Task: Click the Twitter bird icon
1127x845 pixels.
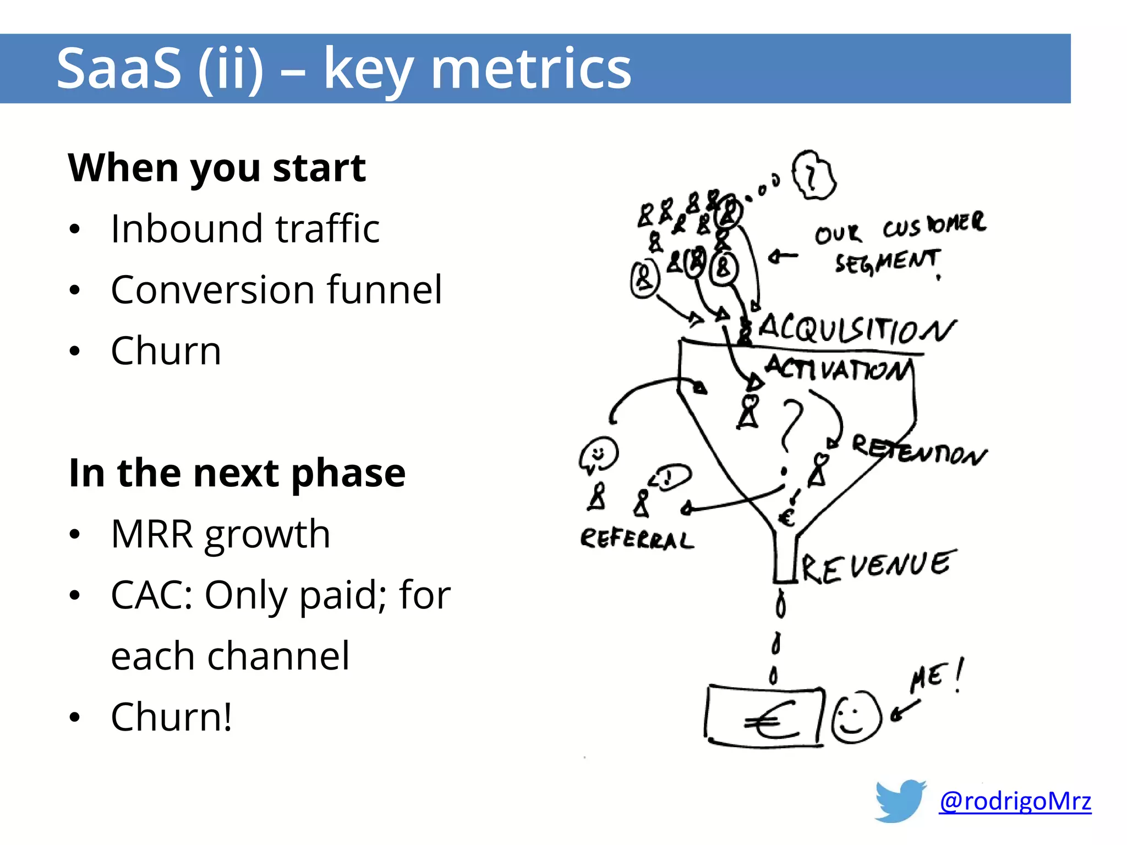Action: click(901, 800)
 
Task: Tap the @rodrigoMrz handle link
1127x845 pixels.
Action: click(1015, 801)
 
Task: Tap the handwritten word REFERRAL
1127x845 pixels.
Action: click(637, 539)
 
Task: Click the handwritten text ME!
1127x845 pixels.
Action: click(935, 677)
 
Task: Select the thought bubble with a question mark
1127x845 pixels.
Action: click(813, 175)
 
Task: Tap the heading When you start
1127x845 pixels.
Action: click(217, 168)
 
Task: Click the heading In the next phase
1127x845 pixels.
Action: click(237, 473)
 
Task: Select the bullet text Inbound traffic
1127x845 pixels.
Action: click(245, 229)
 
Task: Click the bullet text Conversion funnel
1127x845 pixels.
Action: click(276, 290)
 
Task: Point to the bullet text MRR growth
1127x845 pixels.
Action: click(220, 534)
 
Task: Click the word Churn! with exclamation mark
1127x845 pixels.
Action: click(172, 717)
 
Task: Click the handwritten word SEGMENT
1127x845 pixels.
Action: click(887, 262)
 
